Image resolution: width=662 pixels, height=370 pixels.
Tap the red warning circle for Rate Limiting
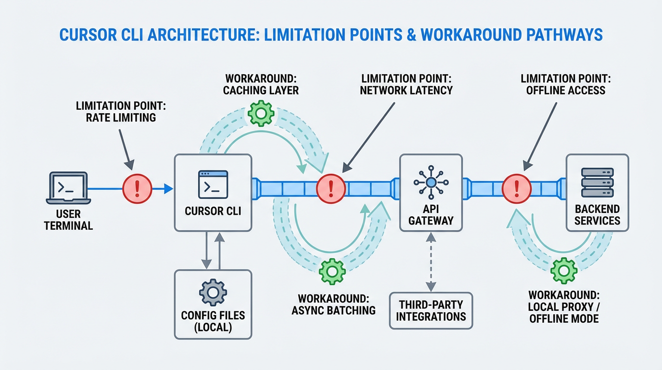coord(137,188)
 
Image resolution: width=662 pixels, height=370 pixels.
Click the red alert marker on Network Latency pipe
coord(331,188)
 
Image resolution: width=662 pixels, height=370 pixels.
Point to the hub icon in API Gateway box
coord(431,182)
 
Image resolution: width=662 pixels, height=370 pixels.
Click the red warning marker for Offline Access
coord(517,188)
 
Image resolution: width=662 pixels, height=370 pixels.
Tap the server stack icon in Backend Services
coord(597,182)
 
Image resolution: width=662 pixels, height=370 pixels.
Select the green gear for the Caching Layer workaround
coord(260,113)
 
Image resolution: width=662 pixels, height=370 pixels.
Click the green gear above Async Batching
coord(332,270)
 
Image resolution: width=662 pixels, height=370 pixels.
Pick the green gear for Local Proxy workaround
coord(563,270)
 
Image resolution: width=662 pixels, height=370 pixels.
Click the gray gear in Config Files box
coord(213,292)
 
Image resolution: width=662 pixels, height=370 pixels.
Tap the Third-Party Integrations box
coord(431,310)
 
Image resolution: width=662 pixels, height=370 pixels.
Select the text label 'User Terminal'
coord(69,220)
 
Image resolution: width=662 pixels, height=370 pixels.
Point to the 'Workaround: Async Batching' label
coord(333,304)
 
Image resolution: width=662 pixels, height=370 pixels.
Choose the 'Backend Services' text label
coord(597,215)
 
